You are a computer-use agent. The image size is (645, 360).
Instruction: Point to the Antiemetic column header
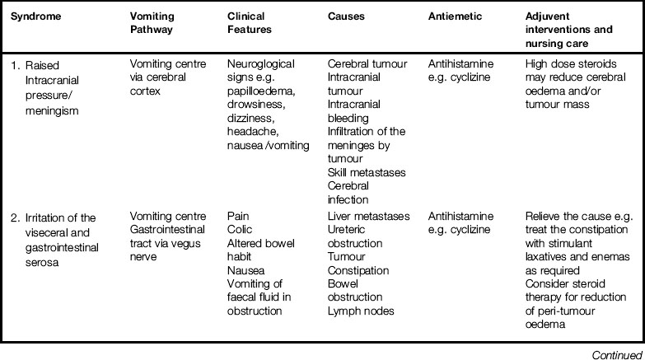point(456,16)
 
